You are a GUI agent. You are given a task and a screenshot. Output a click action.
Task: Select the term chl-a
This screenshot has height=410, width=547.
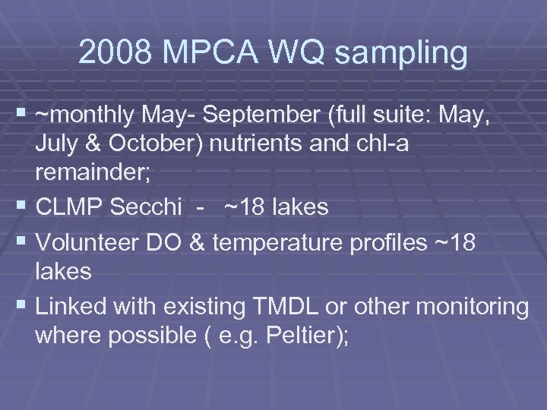(381, 143)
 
